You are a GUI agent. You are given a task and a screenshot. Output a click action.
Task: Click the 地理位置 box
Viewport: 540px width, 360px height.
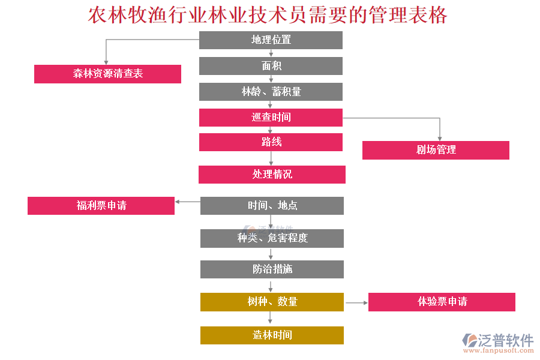(271, 40)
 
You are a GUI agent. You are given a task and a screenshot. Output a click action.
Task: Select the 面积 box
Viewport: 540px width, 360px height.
(271, 66)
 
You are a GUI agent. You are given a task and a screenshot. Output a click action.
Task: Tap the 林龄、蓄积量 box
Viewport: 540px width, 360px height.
(271, 92)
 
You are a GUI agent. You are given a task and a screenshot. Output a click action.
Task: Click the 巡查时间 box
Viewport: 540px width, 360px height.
(271, 118)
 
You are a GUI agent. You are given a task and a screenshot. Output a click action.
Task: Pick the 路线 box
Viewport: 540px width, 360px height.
(271, 142)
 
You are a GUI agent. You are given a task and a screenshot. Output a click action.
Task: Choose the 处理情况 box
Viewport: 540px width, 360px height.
(272, 175)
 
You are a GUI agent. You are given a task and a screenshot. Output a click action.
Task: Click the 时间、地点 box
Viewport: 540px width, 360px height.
(272, 206)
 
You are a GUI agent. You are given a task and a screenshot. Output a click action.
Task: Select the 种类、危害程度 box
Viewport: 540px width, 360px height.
(272, 238)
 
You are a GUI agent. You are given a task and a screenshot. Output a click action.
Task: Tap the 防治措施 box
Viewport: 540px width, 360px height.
(272, 269)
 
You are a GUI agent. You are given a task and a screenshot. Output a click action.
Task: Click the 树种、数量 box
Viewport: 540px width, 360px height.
(272, 302)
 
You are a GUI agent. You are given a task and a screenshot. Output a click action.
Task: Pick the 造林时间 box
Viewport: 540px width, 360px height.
(272, 335)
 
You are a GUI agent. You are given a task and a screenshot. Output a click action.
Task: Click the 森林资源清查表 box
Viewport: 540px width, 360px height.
(107, 74)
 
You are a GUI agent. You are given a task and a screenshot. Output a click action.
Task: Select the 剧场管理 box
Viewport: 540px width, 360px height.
(436, 150)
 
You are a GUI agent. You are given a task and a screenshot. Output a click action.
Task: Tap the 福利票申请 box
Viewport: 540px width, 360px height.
(101, 206)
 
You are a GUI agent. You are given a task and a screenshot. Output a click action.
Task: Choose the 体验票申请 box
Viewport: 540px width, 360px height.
(442, 302)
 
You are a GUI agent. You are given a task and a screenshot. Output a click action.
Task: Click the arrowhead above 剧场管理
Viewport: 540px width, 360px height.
(440, 138)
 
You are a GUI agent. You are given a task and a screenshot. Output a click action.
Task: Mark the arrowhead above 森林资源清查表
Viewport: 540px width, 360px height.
(106, 61)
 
